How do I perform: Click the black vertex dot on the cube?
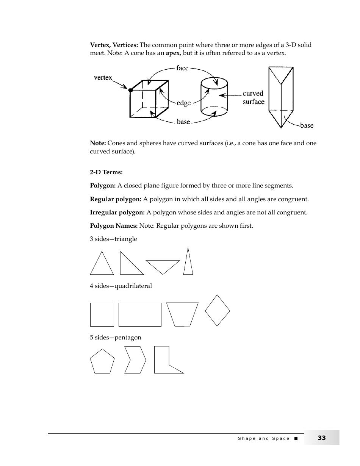click(x=130, y=90)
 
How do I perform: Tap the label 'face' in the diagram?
click(x=182, y=68)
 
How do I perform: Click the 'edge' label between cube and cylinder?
click(x=184, y=103)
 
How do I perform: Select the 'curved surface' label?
click(x=254, y=98)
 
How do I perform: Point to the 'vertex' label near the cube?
click(x=103, y=78)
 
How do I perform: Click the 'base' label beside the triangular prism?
click(x=307, y=125)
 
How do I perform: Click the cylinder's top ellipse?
click(x=214, y=83)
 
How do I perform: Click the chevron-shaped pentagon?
click(x=135, y=360)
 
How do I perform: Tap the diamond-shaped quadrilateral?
click(x=218, y=311)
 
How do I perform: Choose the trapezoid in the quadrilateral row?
click(x=182, y=314)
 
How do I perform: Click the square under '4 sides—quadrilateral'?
click(x=102, y=314)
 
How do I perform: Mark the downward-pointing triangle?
click(x=163, y=266)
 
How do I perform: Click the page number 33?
click(x=321, y=438)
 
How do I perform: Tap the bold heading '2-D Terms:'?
click(x=106, y=172)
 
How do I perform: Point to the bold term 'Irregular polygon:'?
click(x=117, y=213)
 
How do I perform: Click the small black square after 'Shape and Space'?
click(x=296, y=438)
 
